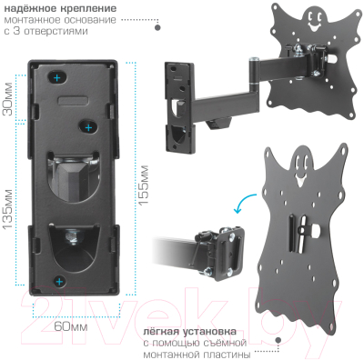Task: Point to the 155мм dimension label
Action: (144, 185)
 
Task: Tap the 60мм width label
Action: (71, 326)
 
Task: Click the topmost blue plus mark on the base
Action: (57, 78)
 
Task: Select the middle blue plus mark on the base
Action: (88, 128)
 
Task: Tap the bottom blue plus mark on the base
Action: (60, 282)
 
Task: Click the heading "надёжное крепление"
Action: (60, 8)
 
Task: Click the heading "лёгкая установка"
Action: (189, 331)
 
